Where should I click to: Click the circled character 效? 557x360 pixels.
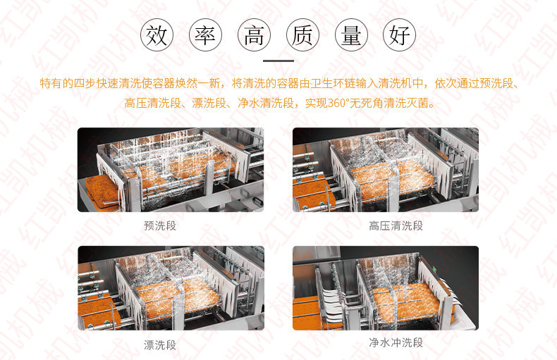point(157,35)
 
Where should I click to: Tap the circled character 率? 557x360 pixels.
point(205,35)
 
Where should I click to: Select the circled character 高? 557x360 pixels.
point(254,35)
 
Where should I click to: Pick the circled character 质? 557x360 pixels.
point(302,35)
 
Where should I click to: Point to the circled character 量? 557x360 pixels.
point(351,35)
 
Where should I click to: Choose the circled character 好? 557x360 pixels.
point(399,35)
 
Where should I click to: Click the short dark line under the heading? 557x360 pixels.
point(278,61)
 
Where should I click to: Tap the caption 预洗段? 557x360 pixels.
point(160,225)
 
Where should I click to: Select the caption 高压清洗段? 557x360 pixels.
point(396,225)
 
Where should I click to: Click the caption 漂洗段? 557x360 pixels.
point(160,345)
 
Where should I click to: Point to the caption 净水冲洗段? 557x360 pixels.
point(396,342)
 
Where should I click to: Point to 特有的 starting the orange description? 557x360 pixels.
point(56,83)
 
